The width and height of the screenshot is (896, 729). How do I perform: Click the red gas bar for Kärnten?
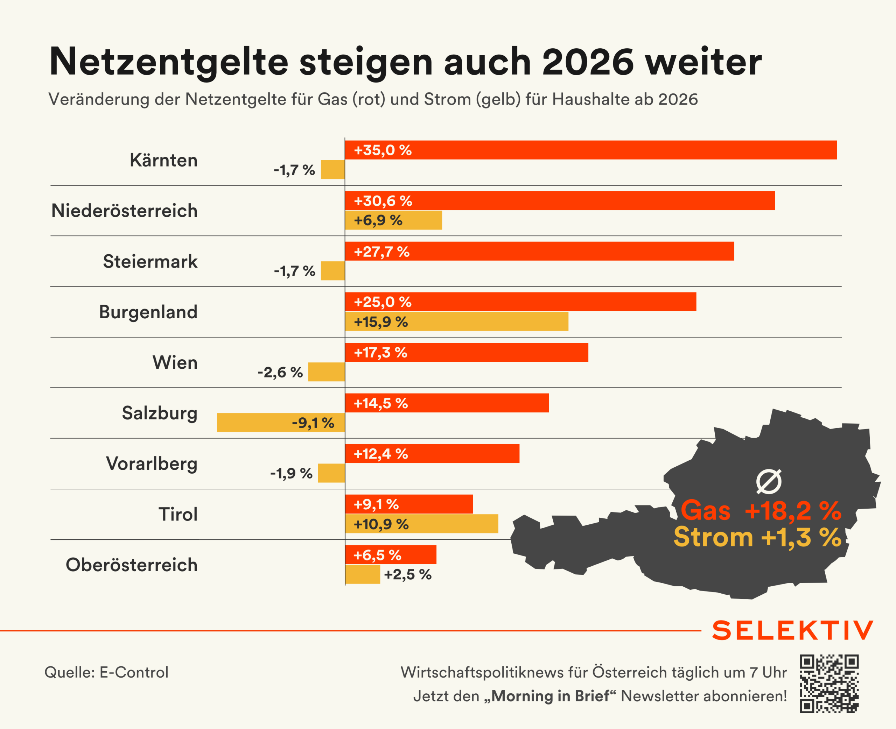pyautogui.click(x=590, y=150)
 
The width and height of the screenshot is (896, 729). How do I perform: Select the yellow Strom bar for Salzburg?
pyautogui.click(x=281, y=423)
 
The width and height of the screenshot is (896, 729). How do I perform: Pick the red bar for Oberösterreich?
pyautogui.click(x=391, y=555)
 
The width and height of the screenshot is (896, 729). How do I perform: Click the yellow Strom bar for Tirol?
pyautogui.click(x=422, y=524)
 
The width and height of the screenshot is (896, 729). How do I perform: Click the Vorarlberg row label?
pyautogui.click(x=152, y=463)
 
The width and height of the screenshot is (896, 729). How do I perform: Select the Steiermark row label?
pyautogui.click(x=150, y=261)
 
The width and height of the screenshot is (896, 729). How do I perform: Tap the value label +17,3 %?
pyautogui.click(x=380, y=353)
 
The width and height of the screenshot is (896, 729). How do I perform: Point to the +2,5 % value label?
pyautogui.click(x=407, y=574)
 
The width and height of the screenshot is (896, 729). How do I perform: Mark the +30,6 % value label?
pyautogui.click(x=383, y=201)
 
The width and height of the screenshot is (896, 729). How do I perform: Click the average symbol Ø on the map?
pyautogui.click(x=769, y=481)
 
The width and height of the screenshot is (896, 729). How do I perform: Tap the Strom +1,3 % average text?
pyautogui.click(x=757, y=537)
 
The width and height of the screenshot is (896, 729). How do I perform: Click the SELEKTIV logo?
pyautogui.click(x=793, y=631)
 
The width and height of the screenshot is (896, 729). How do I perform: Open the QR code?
pyautogui.click(x=829, y=684)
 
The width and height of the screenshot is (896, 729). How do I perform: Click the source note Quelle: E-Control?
pyautogui.click(x=106, y=672)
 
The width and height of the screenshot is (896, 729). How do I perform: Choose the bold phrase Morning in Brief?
pyautogui.click(x=550, y=696)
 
